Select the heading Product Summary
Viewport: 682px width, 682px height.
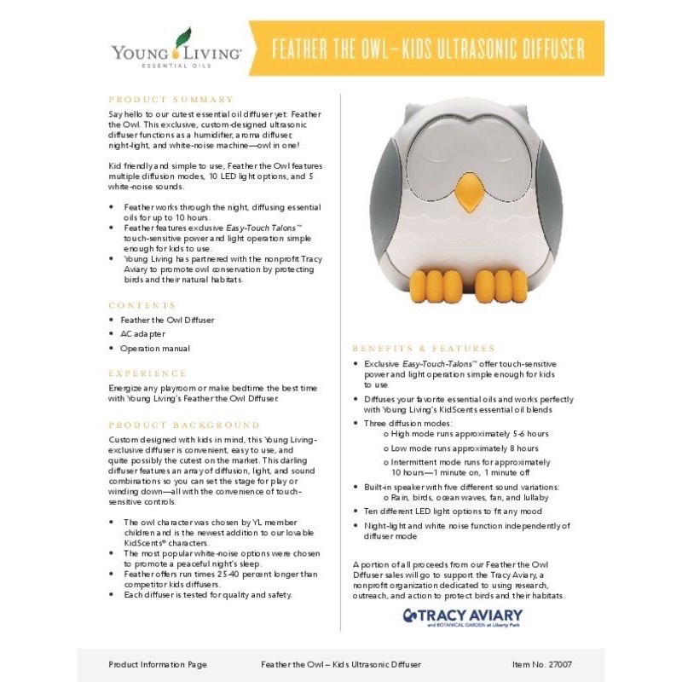pos(170,99)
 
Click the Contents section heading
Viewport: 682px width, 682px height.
pos(142,304)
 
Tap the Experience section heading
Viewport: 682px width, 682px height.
pos(147,373)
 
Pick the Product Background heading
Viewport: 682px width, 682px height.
pos(184,425)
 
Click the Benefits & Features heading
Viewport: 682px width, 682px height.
pos(424,349)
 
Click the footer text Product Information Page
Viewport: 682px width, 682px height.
pos(158,663)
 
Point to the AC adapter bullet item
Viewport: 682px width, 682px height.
pos(143,333)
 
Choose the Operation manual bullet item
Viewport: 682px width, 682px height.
pos(156,348)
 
